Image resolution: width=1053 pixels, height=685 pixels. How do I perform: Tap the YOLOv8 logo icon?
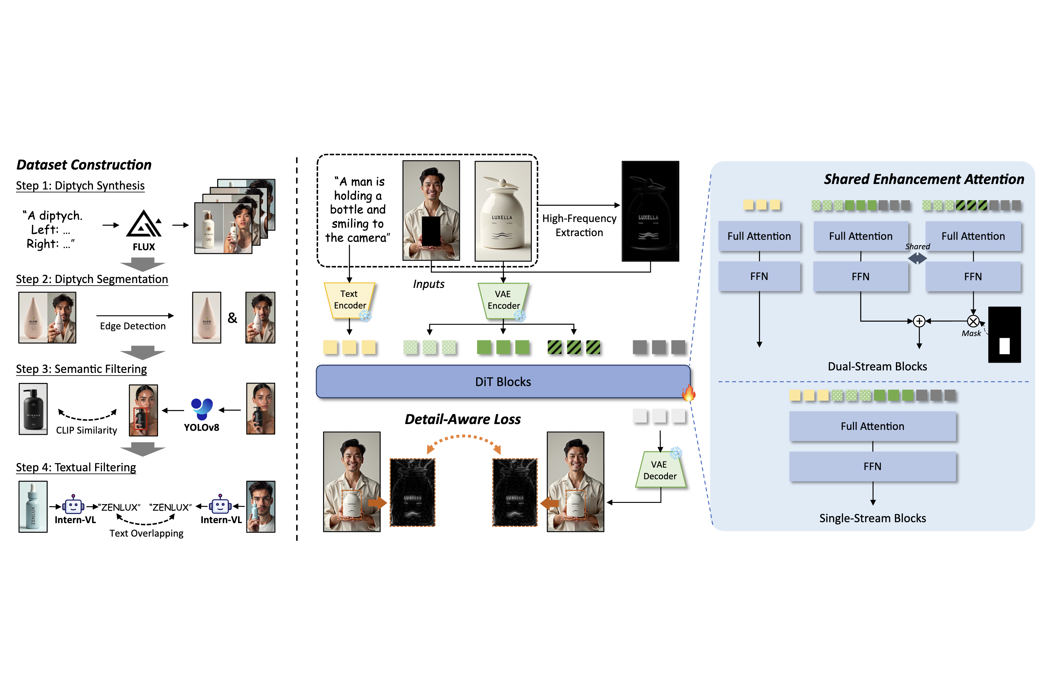(x=202, y=409)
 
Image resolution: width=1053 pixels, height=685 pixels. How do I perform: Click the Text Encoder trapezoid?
(x=349, y=300)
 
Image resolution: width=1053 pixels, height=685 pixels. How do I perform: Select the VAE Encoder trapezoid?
(x=503, y=300)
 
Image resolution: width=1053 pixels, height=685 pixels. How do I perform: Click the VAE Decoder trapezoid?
(x=660, y=470)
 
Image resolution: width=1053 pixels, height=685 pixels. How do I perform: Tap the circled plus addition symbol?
(x=919, y=321)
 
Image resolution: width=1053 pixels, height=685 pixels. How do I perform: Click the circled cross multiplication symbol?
(x=973, y=321)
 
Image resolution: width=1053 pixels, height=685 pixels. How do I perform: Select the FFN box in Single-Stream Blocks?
(x=873, y=467)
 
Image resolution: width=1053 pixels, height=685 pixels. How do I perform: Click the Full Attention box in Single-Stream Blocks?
(x=873, y=426)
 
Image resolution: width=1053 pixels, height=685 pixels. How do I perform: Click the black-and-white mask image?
(x=1004, y=335)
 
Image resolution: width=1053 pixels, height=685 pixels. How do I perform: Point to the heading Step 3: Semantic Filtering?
(x=81, y=369)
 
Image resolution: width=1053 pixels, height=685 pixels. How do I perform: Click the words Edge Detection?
(x=133, y=326)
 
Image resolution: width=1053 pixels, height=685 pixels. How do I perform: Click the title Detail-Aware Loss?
(x=463, y=419)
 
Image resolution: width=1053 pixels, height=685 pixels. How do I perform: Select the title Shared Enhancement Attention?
(x=924, y=179)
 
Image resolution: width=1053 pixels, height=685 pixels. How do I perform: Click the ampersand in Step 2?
(x=232, y=318)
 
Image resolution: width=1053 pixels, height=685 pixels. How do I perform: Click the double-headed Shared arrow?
(x=917, y=258)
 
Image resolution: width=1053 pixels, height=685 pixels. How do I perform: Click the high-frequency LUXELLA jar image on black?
(x=650, y=211)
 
